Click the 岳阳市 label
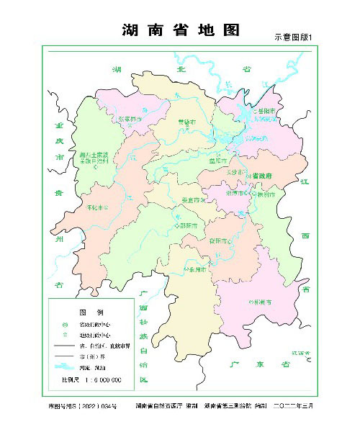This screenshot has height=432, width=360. (266, 112)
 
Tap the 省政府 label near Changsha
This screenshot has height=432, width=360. (260, 175)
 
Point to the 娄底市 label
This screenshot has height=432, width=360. (192, 200)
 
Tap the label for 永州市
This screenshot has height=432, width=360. (198, 269)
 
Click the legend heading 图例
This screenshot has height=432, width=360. (91, 312)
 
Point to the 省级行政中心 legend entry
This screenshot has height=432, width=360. (94, 324)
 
